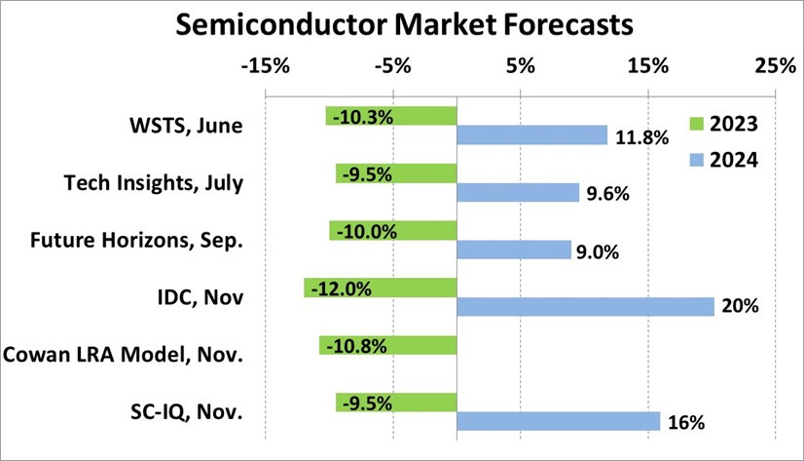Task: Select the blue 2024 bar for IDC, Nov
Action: click(585, 306)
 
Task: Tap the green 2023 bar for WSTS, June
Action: click(391, 116)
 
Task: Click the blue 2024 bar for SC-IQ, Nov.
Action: click(558, 421)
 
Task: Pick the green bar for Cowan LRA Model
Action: click(387, 345)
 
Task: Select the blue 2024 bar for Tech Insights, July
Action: click(518, 192)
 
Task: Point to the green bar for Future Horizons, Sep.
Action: click(392, 230)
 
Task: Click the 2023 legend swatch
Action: click(696, 124)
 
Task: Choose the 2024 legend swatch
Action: click(696, 159)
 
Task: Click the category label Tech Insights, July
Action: click(153, 182)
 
